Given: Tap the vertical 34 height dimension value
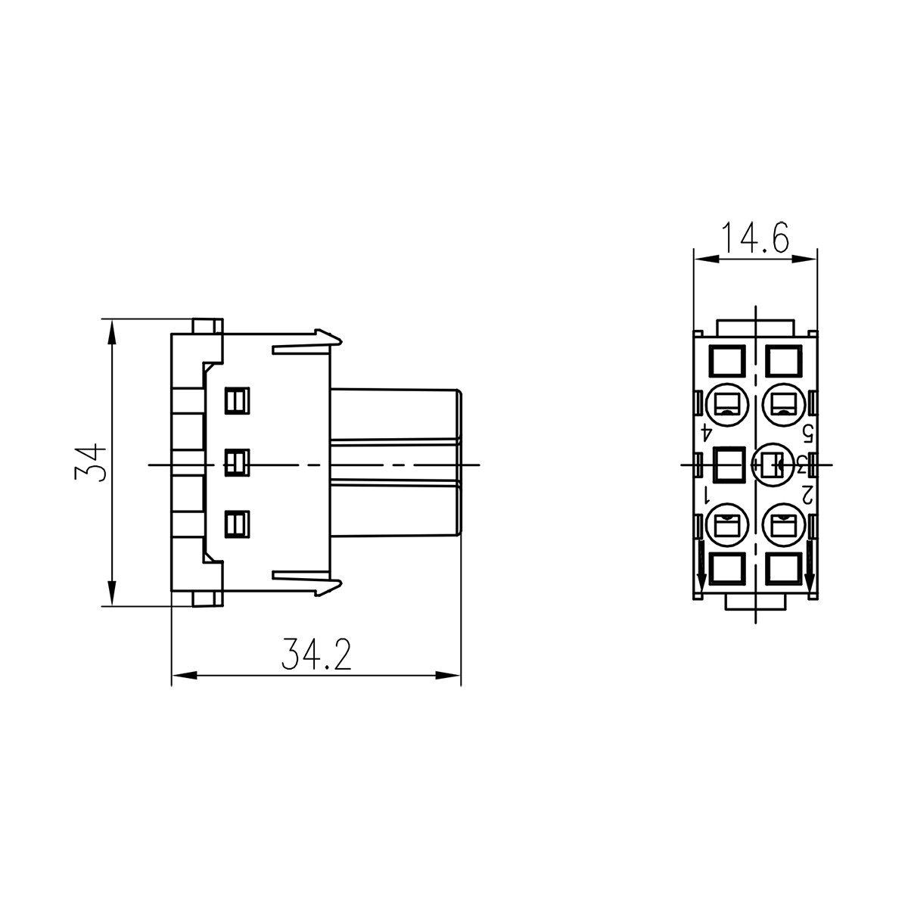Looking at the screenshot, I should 90,462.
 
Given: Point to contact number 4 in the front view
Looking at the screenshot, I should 706,432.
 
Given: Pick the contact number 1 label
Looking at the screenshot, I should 706,496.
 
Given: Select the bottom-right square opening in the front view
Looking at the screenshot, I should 783,568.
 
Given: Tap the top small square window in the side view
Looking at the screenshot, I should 237,400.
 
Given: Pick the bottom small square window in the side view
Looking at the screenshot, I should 237,523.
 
